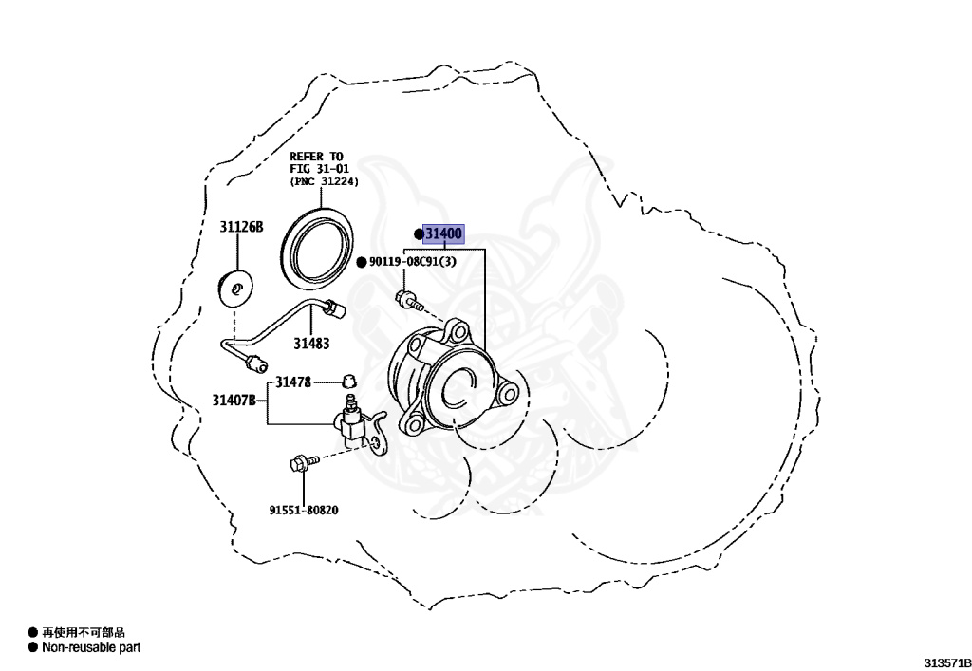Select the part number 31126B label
(x=241, y=228)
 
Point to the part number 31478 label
(x=293, y=382)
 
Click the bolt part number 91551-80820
(x=303, y=510)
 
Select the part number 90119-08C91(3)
(x=412, y=262)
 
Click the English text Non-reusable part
(x=91, y=647)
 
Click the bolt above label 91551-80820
(x=296, y=464)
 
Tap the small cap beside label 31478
(x=348, y=382)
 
